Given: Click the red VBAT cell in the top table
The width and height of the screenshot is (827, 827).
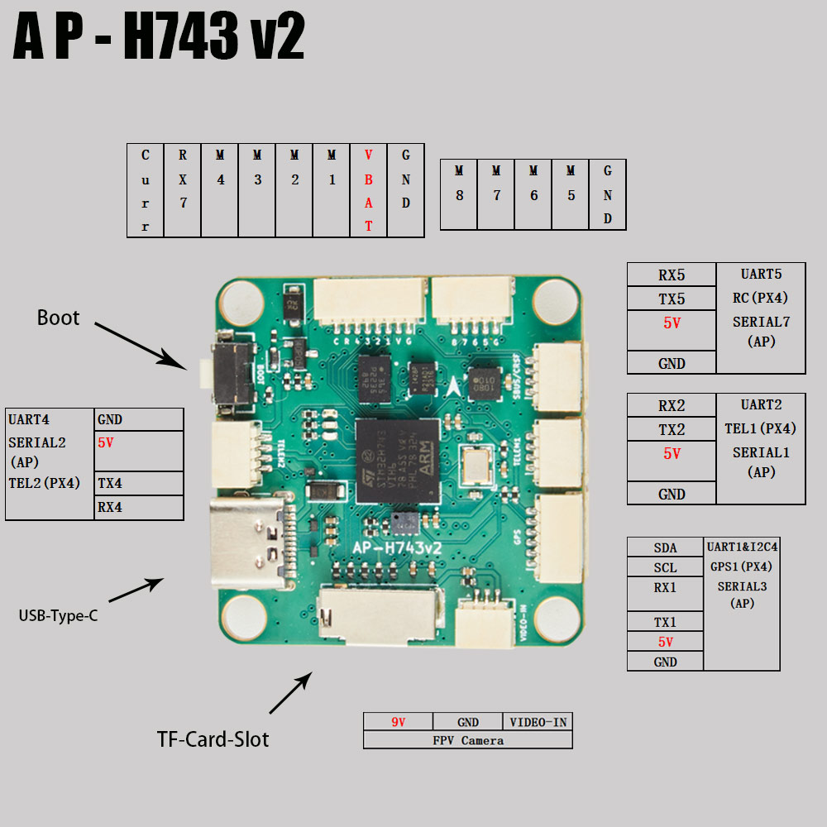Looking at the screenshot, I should (x=369, y=190).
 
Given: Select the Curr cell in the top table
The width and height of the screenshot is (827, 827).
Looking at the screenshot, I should (x=146, y=190).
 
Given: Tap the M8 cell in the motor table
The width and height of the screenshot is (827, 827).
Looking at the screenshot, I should (x=459, y=194).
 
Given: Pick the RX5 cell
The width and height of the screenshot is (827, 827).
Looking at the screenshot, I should (x=672, y=275).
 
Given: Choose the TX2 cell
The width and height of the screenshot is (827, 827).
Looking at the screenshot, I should (x=672, y=429).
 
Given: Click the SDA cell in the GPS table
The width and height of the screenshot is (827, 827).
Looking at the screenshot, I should (x=665, y=547).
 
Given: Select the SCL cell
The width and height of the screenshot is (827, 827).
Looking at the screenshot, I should (x=665, y=567).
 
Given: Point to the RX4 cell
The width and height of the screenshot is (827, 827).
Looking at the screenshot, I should (x=139, y=508).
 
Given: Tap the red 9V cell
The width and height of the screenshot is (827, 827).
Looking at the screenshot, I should (x=398, y=722).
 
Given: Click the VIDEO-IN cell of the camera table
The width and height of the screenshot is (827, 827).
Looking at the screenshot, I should (x=538, y=722).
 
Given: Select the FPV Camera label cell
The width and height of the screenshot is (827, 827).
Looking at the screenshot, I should (x=467, y=740).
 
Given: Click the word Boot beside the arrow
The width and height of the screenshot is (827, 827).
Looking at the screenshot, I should (x=58, y=318).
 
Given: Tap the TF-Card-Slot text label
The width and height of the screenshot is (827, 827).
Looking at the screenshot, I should (x=213, y=739).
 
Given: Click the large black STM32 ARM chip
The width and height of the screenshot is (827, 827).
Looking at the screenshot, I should (x=397, y=461).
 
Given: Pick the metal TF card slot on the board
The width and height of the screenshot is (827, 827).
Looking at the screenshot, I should (x=379, y=616).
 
